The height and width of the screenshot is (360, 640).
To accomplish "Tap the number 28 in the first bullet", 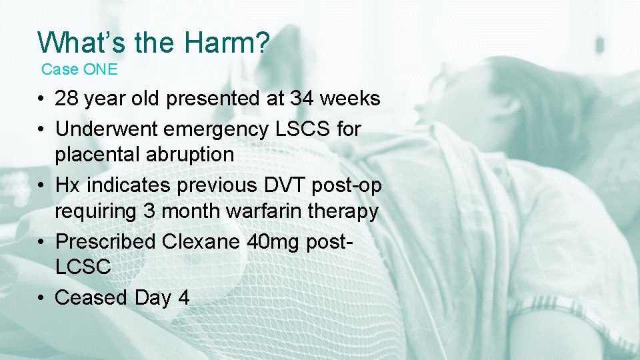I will tap(67, 99).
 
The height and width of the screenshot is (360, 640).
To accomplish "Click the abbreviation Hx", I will tap(66, 185).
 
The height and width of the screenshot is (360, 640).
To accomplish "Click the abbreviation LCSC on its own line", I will tap(83, 267).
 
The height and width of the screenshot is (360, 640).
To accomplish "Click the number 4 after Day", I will tap(184, 297).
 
